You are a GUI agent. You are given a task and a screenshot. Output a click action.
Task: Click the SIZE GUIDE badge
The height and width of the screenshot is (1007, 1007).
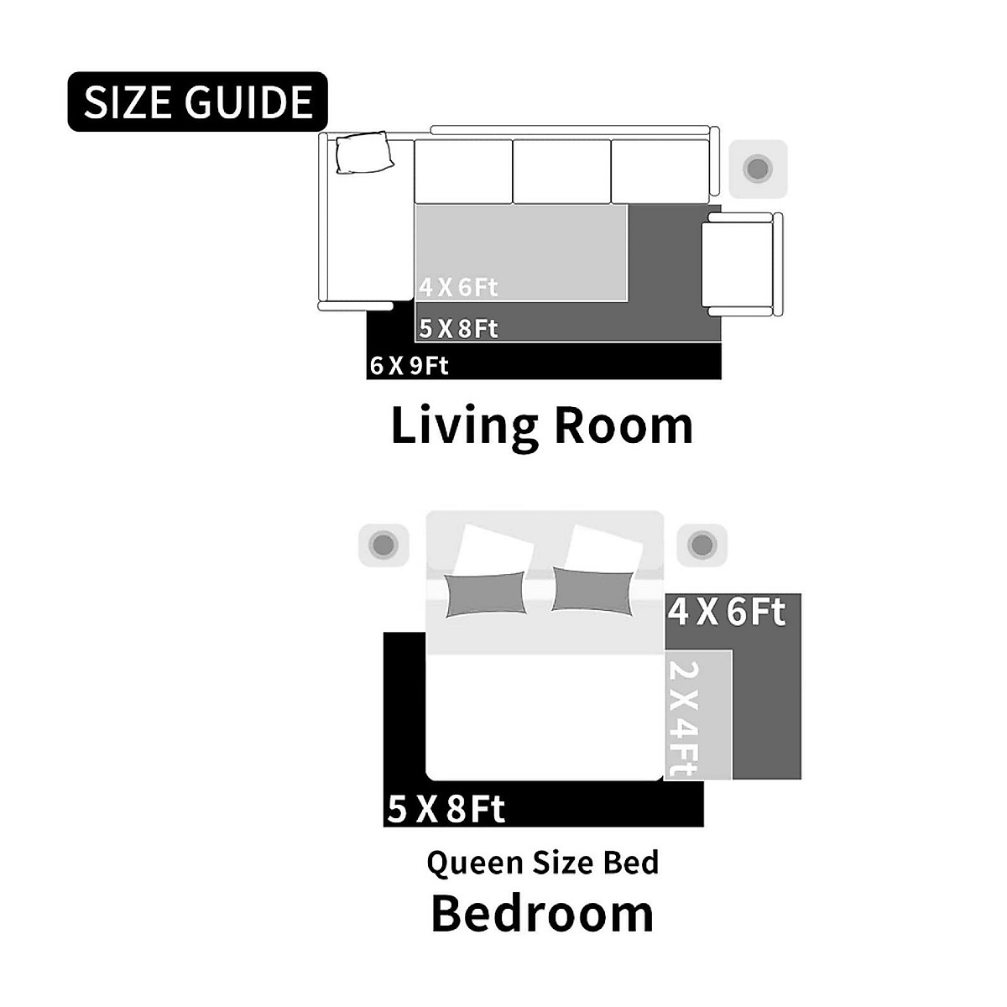197,102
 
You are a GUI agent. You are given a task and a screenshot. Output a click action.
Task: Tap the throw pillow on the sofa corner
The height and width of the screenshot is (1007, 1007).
364,152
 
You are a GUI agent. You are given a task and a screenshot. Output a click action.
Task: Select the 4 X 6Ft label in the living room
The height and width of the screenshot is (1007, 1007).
458,288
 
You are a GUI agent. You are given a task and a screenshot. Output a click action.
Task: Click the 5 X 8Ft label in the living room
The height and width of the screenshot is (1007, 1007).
458,329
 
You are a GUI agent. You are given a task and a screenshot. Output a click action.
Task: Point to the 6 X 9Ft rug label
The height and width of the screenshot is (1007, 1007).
409,365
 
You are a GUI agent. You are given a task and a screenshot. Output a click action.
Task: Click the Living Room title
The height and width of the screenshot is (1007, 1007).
542,426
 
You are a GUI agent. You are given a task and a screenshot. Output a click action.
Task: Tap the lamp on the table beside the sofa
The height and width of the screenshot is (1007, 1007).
758,169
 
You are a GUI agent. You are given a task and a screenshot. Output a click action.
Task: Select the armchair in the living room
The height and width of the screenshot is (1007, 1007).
742,264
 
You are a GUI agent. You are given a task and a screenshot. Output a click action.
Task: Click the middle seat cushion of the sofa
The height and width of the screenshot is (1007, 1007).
561,171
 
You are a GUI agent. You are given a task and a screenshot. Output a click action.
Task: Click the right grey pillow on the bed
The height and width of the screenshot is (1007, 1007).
593,592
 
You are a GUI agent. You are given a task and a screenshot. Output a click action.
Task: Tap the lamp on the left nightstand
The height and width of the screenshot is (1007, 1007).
383,545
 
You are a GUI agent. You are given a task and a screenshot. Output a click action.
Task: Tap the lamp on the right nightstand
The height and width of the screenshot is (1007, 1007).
702,545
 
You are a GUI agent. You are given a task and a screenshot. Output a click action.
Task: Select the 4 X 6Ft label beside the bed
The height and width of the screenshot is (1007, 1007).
727,612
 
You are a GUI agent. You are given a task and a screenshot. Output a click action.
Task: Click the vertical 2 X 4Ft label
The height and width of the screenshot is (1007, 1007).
683,719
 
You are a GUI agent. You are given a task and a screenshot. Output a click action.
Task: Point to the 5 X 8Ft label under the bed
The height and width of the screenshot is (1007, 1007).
446,809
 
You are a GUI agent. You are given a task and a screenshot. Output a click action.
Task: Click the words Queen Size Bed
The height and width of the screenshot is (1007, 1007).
543,863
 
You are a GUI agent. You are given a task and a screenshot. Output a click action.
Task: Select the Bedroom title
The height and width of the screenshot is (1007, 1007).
542,914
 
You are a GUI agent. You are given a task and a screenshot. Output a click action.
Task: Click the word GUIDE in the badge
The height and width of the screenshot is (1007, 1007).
248,102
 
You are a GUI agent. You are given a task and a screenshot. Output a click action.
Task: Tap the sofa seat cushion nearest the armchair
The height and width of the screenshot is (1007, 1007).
660,171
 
